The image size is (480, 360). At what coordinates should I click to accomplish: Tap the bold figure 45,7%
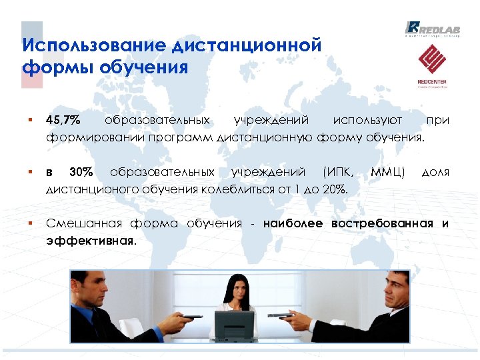click(63, 121)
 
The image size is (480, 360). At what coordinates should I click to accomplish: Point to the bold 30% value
click(81, 173)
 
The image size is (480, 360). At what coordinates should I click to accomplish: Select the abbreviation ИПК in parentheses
click(341, 173)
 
